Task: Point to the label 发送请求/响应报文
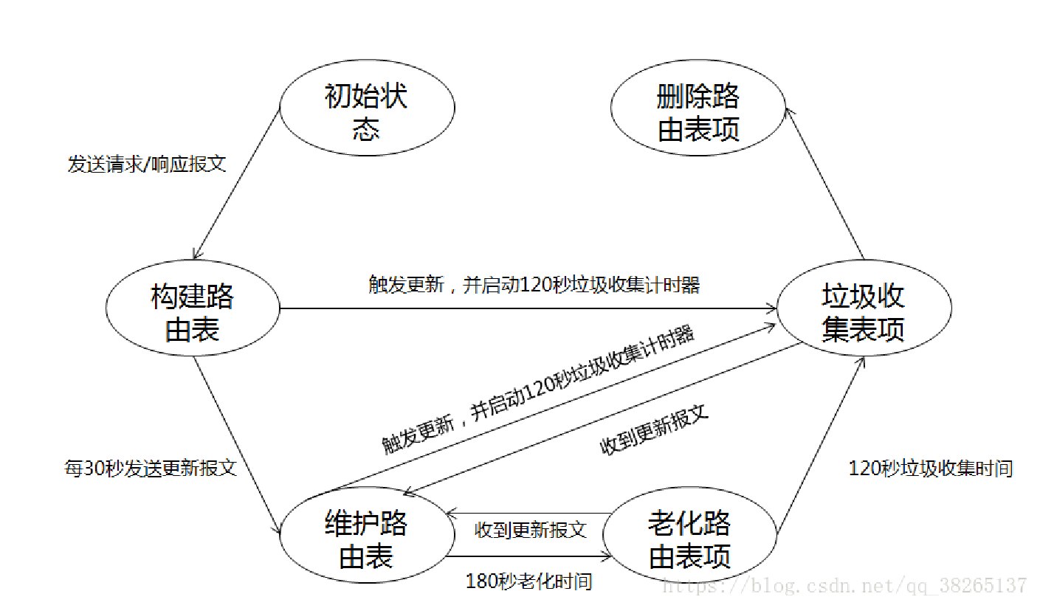(146, 164)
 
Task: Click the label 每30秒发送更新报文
(151, 468)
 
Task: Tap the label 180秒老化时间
(529, 581)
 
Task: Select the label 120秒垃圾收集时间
(931, 468)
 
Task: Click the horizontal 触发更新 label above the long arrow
(534, 285)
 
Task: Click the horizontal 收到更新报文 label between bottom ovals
(530, 529)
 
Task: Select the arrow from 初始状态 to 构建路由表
(236, 184)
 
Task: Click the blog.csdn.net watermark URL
(845, 587)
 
